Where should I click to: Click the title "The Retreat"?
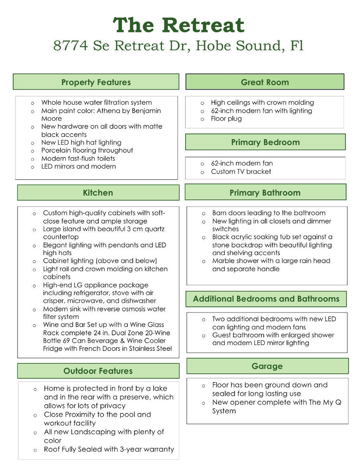[x=179, y=25]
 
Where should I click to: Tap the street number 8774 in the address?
[x=70, y=46]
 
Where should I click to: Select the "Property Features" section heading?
[x=96, y=82]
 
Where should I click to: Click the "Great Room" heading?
[x=265, y=82]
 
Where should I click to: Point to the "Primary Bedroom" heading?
[x=265, y=142]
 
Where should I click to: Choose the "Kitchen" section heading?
[x=98, y=193]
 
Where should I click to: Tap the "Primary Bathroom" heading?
[x=265, y=193]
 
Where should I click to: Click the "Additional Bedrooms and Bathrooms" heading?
[x=266, y=299]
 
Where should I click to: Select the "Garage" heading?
[x=267, y=366]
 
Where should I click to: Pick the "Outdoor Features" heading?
[x=98, y=371]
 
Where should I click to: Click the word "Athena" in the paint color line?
[x=108, y=111]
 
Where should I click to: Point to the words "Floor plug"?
[x=226, y=119]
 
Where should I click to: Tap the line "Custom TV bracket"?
[x=241, y=172]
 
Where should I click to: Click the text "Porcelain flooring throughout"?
[x=87, y=150]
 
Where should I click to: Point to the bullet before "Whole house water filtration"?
[x=32, y=103]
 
